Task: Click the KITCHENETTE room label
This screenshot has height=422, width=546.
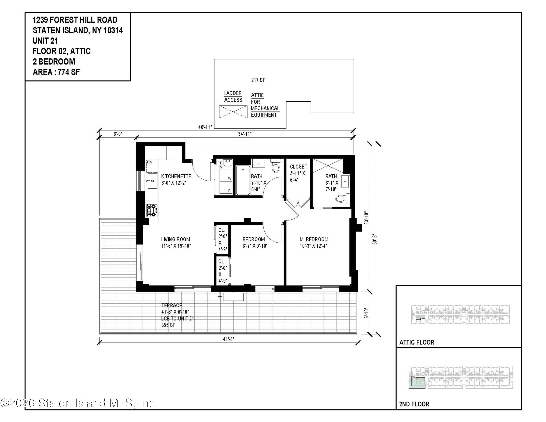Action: click(176, 176)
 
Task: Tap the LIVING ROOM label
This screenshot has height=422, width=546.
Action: click(175, 239)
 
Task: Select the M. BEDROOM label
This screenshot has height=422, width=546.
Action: click(314, 239)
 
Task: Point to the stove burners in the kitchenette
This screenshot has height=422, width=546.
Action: click(152, 210)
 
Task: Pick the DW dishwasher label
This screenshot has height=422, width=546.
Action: click(149, 162)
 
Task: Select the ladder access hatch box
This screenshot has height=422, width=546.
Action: click(233, 112)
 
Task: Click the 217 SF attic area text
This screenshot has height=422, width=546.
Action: click(258, 80)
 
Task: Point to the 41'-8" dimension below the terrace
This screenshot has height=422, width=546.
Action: click(228, 339)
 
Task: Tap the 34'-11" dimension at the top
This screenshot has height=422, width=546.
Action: click(244, 134)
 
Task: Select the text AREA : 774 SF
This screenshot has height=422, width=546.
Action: click(56, 72)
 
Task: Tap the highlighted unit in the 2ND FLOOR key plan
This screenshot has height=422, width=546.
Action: click(416, 383)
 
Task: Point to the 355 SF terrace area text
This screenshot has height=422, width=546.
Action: click(168, 325)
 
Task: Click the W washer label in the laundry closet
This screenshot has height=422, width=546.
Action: click(229, 178)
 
